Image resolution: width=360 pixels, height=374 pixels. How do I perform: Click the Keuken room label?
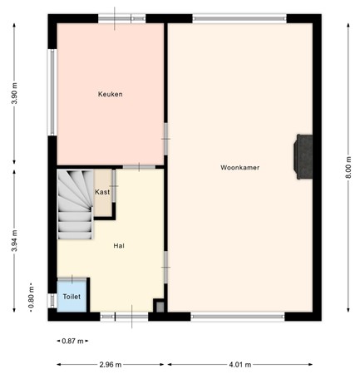click(110, 94)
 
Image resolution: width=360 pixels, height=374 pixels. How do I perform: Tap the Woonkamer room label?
click(239, 167)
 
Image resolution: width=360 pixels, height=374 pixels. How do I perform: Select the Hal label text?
click(119, 245)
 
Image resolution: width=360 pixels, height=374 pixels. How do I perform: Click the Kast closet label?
click(102, 192)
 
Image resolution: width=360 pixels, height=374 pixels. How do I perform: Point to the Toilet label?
click(72, 297)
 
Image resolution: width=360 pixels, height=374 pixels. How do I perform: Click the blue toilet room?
click(72, 297)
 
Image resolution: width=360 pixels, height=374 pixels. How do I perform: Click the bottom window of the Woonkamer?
click(237, 316)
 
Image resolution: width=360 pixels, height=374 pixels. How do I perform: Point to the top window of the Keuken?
click(115, 18)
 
